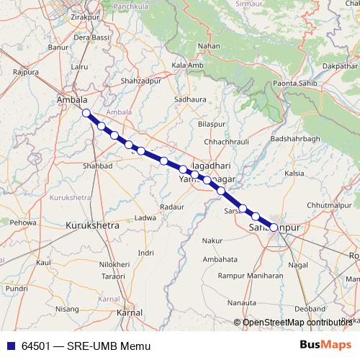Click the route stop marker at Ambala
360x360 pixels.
coord(86,113)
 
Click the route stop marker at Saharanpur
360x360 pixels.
coord(274,228)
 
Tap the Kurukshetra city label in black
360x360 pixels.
coord(92,225)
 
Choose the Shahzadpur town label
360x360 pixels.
coord(146,81)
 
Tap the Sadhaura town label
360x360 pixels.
coord(191,99)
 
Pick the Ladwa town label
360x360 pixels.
coord(145,217)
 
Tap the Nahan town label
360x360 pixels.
coord(209,46)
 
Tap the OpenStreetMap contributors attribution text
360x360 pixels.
coord(297,322)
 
